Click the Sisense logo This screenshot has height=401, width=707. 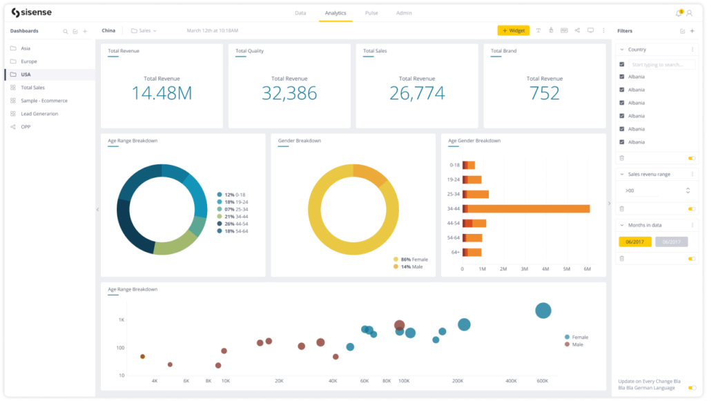tap(31, 13)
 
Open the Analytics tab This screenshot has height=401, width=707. tap(336, 13)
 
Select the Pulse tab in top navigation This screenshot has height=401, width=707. tap(371, 13)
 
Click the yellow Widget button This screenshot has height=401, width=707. tap(513, 30)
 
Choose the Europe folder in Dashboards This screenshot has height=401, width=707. tap(29, 61)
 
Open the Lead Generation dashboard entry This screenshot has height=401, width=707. tap(39, 114)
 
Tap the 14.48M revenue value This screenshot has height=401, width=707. tap(162, 93)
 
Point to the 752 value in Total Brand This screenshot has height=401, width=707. tap(544, 93)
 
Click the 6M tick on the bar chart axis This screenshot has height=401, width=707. tap(588, 268)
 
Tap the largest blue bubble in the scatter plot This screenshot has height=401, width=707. tap(543, 311)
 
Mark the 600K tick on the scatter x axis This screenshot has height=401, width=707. tap(542, 381)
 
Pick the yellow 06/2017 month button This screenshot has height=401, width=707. tap(635, 242)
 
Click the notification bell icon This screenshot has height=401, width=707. tap(678, 13)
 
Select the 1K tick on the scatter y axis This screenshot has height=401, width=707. tap(121, 320)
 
